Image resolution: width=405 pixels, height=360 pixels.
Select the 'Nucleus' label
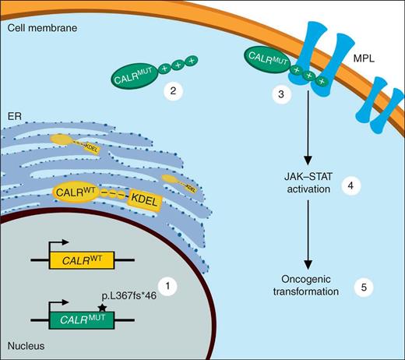25,343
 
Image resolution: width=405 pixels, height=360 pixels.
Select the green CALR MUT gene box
83,317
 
